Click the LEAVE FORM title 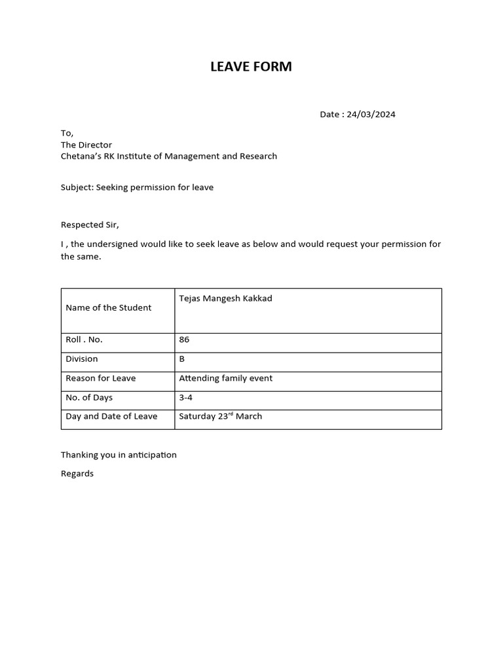251,66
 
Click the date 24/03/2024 371,114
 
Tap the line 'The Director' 86,145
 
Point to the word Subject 77,187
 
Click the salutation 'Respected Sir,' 90,225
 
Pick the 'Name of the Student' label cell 109,307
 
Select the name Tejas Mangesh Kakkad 225,298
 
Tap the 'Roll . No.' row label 84,339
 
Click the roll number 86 184,339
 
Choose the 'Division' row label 82,358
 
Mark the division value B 182,358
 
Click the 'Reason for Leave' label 101,378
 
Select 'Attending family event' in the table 225,378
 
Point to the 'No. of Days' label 89,397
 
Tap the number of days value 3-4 185,397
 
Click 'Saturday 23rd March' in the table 220,416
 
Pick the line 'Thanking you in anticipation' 119,455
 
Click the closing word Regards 77,474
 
